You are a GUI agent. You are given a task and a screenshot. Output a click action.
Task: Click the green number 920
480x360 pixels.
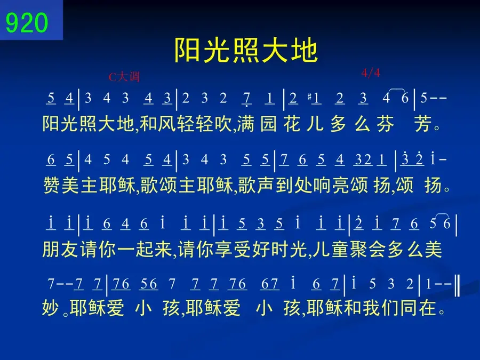tap(27, 22)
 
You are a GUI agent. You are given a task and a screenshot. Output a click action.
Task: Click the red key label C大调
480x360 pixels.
tap(124, 76)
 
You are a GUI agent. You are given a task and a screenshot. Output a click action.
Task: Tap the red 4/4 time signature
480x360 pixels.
tap(371, 73)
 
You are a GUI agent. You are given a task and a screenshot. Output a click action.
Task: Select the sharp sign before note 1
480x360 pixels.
tap(309, 98)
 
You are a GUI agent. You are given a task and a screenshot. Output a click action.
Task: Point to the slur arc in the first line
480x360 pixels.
tap(396, 89)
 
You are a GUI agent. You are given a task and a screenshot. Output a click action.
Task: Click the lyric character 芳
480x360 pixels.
tap(423, 124)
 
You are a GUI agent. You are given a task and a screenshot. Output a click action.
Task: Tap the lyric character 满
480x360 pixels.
tap(245, 124)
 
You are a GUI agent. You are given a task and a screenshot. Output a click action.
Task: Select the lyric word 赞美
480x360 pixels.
tap(61, 185)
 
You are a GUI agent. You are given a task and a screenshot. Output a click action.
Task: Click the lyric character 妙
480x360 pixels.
tap(51, 308)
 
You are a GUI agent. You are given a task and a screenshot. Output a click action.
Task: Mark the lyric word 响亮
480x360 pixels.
tap(331, 185)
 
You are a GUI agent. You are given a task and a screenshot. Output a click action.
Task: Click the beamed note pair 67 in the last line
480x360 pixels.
tap(269, 284)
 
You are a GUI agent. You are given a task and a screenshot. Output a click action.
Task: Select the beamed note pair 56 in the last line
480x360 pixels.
tap(149, 284)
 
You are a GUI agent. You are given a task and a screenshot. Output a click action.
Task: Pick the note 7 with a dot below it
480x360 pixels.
tap(246, 99)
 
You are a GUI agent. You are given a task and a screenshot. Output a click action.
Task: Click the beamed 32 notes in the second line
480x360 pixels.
tap(363, 160)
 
